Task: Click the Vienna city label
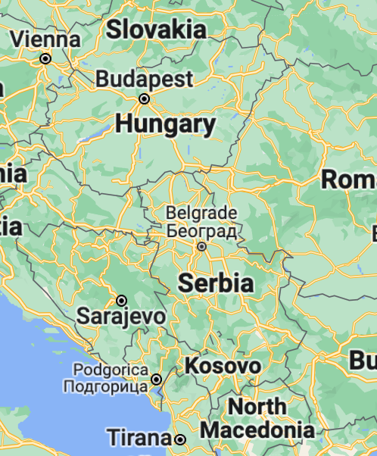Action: (x=46, y=38)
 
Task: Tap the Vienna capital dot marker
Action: (x=45, y=58)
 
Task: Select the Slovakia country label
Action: (x=156, y=30)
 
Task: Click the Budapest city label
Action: (x=145, y=79)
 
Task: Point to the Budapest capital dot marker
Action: (x=144, y=98)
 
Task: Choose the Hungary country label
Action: (x=166, y=124)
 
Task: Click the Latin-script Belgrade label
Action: (x=201, y=213)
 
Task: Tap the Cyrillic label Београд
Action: (x=202, y=230)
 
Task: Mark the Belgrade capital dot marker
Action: (x=202, y=246)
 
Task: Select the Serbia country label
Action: (x=215, y=283)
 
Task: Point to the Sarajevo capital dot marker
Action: (x=120, y=300)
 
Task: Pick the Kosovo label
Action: (x=223, y=367)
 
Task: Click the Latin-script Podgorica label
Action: (x=111, y=370)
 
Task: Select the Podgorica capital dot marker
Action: (x=157, y=379)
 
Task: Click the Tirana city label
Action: (x=138, y=438)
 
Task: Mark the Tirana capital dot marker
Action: (x=180, y=439)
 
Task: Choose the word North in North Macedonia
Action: (x=257, y=407)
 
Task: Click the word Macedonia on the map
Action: (x=257, y=430)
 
